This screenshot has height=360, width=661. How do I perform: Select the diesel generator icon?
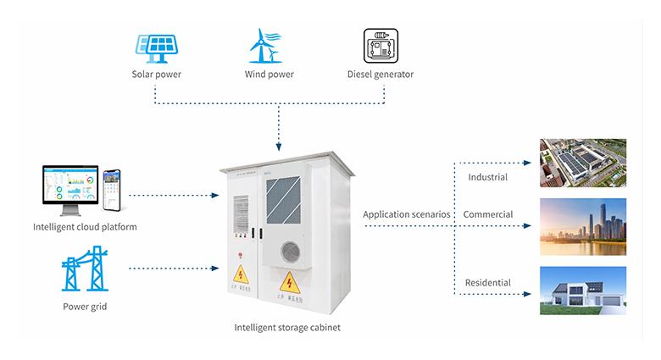[x=380, y=47]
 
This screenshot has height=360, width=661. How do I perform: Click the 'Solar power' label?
[x=156, y=75]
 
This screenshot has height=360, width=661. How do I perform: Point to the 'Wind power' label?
[x=269, y=75]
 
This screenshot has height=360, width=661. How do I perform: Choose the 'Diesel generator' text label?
[x=380, y=75]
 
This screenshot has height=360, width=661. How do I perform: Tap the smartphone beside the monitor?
[x=112, y=191]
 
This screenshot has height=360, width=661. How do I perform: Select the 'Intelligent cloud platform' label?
[x=84, y=227]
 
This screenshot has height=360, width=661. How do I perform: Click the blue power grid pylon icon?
[x=84, y=269]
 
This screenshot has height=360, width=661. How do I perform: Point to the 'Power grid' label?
[x=84, y=307]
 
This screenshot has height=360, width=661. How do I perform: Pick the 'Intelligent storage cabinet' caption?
[x=286, y=327]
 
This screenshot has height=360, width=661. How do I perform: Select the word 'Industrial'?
[x=487, y=177]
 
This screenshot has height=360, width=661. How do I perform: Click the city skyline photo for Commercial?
[x=583, y=225]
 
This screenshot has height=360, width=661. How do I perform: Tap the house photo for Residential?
[x=583, y=291]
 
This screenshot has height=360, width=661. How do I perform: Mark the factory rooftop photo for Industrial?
[x=583, y=163]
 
